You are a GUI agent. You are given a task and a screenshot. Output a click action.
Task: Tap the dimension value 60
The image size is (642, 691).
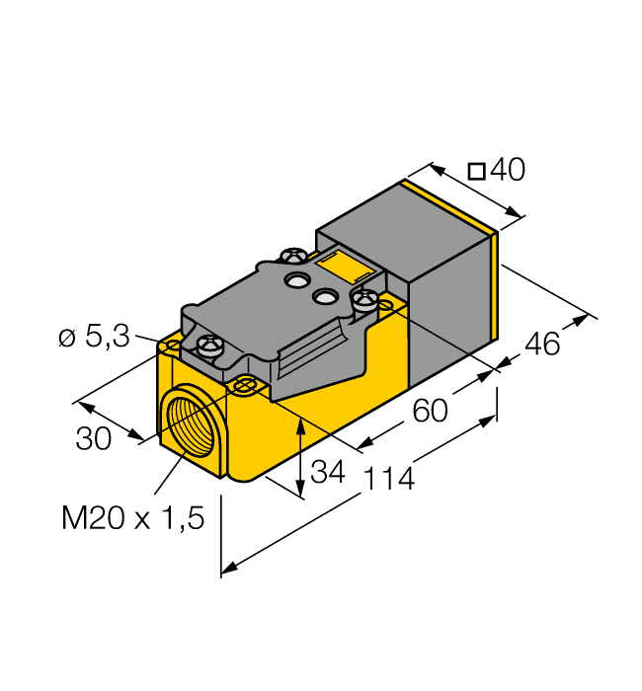[x=430, y=410]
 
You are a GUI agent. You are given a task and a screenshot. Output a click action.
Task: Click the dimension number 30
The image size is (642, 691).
[x=94, y=439]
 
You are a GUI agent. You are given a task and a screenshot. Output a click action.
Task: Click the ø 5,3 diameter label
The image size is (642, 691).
[x=94, y=338]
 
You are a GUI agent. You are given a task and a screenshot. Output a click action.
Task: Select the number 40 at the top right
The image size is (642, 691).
[x=508, y=171]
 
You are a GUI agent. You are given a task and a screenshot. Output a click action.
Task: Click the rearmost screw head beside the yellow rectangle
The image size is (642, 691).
[x=292, y=257]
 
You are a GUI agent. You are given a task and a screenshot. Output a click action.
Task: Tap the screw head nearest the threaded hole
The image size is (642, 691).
[x=210, y=345]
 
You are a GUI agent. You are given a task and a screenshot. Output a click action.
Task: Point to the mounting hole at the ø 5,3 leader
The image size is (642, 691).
[x=174, y=346]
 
